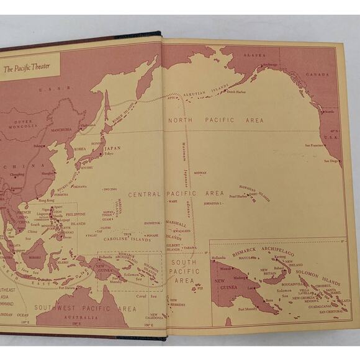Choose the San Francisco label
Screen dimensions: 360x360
point(314,145)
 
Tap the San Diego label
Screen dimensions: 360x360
point(331,161)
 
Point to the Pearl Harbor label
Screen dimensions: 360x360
point(238,196)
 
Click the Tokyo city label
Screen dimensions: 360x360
point(109,154)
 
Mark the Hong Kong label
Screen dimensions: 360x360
point(47,200)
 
